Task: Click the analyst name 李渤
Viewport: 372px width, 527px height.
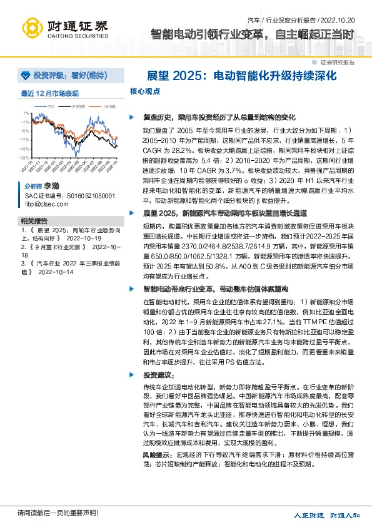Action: tap(52, 186)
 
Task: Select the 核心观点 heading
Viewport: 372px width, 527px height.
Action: tap(145, 91)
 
